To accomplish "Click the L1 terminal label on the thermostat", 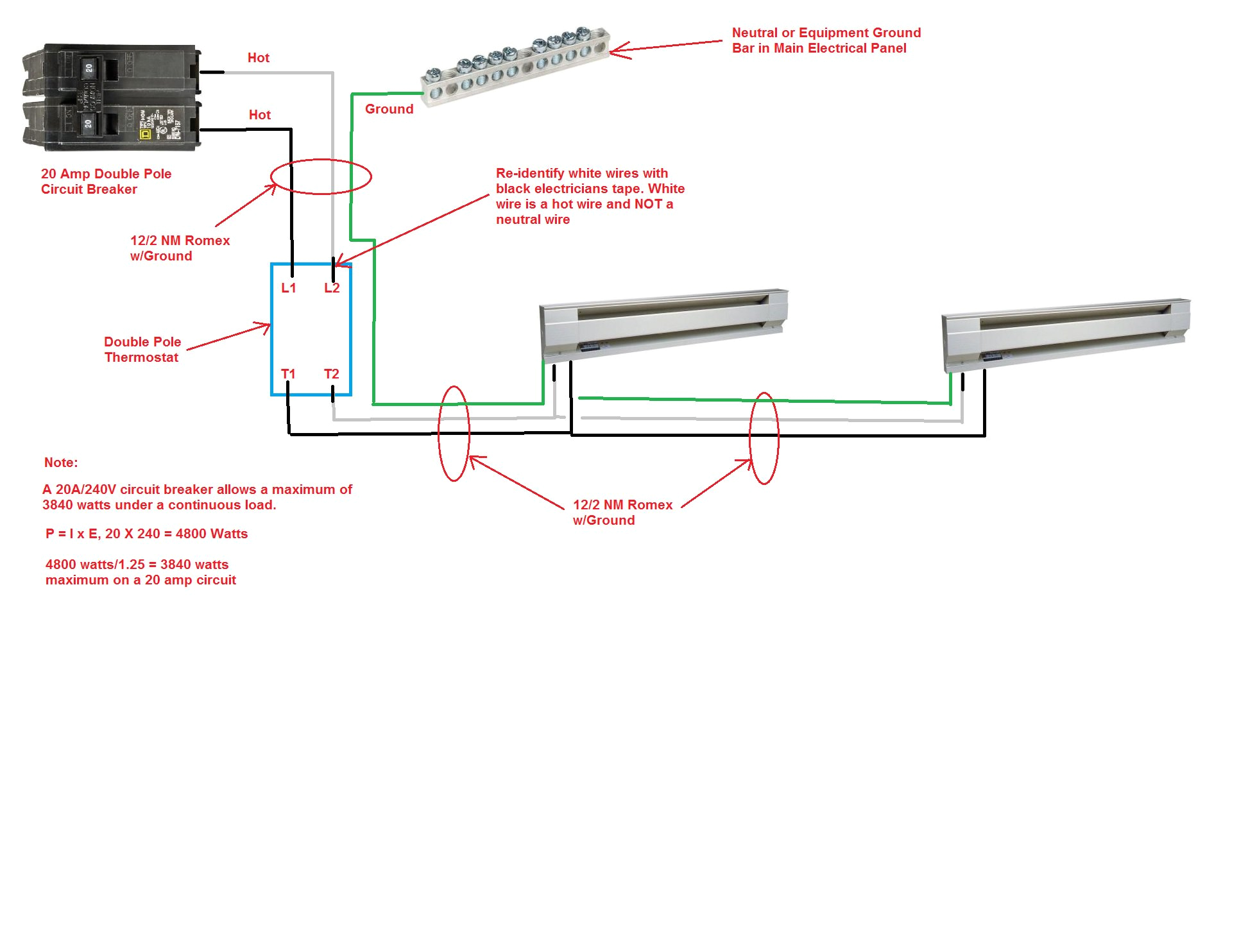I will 289,288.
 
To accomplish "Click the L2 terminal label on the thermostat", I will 332,288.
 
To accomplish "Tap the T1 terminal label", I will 288,374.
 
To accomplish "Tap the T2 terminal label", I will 331,374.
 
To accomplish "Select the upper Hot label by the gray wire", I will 258,58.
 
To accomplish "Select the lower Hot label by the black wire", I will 259,115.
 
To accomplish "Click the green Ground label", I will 389,109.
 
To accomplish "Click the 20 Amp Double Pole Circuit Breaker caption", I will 106,182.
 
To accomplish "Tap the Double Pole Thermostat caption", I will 142,350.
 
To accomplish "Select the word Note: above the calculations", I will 61,463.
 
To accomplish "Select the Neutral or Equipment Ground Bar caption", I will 825,40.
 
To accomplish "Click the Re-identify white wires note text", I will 589,196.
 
